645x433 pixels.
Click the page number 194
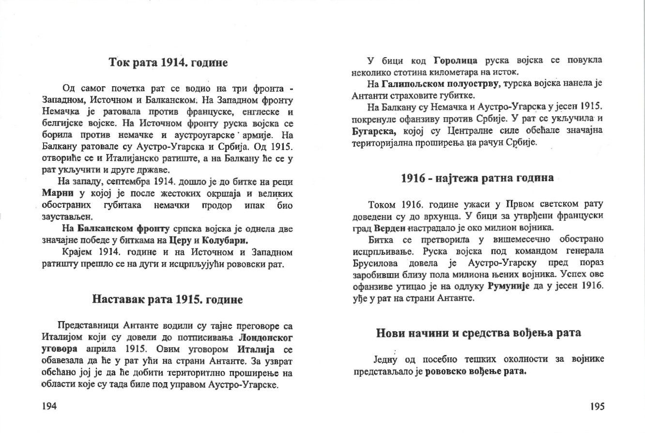click(50, 406)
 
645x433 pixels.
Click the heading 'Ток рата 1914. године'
click(168, 62)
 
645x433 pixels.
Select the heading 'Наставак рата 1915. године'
click(167, 299)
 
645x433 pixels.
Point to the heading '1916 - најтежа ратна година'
click(477, 177)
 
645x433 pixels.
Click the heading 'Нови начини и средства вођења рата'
click(478, 333)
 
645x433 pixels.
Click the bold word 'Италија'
click(256, 349)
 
